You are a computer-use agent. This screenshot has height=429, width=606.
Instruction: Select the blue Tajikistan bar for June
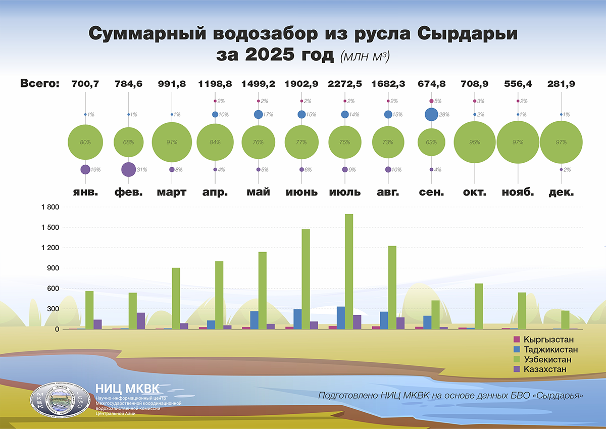297,319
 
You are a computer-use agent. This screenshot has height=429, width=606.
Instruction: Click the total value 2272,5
345,84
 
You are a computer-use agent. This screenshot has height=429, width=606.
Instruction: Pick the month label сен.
431,192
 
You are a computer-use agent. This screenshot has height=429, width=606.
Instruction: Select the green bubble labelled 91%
172,142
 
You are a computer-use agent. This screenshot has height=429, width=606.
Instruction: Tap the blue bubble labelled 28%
431,115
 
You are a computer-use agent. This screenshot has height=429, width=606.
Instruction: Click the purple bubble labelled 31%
128,169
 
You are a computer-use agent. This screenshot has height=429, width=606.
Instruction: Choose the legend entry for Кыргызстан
548,340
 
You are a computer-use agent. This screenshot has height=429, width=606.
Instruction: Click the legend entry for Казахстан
545,370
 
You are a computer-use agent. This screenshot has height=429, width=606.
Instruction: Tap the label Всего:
40,84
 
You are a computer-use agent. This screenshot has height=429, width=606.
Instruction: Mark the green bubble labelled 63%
431,142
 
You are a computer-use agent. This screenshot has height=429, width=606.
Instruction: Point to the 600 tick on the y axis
53,289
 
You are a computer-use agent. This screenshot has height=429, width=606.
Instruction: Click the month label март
172,192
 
